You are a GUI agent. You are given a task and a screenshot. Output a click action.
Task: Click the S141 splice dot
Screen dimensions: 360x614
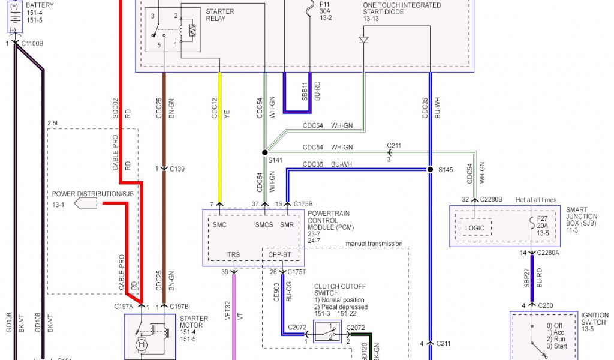264,152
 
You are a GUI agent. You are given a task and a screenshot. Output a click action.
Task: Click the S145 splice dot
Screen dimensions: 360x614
431,170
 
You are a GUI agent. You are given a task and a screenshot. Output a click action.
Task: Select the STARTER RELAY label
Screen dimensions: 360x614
219,15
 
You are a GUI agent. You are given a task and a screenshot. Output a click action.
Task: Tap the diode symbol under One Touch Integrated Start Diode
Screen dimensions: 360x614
363,40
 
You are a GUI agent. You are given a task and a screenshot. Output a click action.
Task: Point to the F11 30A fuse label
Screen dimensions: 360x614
324,11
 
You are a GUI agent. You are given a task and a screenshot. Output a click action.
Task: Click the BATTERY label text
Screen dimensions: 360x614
40,5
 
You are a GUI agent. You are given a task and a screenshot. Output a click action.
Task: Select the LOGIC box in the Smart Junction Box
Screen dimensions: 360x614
475,228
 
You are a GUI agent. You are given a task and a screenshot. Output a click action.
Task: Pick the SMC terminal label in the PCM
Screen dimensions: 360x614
219,224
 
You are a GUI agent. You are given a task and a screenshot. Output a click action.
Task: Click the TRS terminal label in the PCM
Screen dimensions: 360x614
233,256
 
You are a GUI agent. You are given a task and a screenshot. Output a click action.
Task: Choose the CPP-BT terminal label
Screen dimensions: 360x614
279,256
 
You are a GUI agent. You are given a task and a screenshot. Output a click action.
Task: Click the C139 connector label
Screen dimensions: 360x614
177,169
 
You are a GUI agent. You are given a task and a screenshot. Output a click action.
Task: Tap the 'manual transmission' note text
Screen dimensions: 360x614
374,244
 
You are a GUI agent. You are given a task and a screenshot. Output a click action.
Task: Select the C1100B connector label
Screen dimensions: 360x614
32,44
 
